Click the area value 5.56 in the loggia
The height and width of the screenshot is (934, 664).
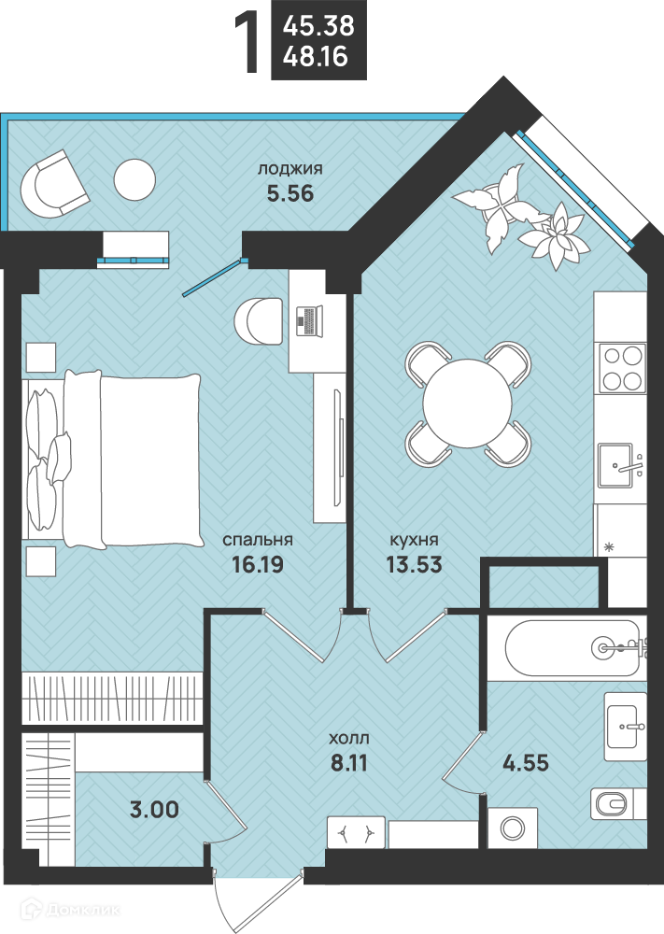point(290,193)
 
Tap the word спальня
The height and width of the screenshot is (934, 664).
point(258,540)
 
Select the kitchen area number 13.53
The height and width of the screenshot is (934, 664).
point(414,564)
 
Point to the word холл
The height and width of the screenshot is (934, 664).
point(349,739)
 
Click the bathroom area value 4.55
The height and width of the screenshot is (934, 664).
point(526,762)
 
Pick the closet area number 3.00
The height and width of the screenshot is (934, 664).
point(154,810)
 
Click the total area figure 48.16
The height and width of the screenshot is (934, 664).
point(316,57)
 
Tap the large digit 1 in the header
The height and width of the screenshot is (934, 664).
point(247,44)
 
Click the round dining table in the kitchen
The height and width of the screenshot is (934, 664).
point(468,403)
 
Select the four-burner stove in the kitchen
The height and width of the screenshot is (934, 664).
point(622,368)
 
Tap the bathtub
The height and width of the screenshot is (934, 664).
point(572,647)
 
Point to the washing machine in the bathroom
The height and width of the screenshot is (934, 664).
point(512,828)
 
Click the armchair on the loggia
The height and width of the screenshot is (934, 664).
point(54,184)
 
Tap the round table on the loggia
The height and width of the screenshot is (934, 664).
point(134,180)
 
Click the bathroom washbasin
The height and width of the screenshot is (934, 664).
point(626,726)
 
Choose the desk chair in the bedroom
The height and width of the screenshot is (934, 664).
point(258,321)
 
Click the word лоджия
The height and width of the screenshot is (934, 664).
point(290,169)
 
